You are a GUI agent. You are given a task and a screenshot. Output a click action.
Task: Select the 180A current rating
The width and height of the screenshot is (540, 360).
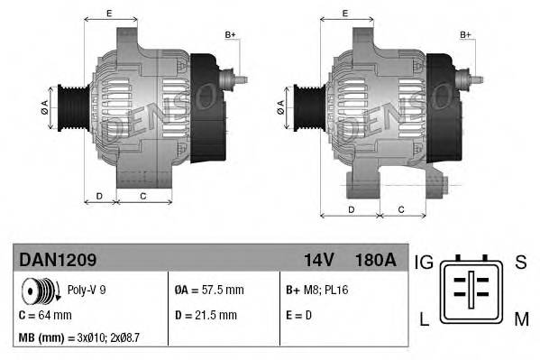(x=375, y=261)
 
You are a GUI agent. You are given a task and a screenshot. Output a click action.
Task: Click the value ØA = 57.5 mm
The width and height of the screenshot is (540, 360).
(x=208, y=291)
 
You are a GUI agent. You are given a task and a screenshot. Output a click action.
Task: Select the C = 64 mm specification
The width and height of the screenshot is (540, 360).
(x=46, y=315)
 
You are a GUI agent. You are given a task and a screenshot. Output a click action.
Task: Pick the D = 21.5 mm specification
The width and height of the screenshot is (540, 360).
(x=206, y=315)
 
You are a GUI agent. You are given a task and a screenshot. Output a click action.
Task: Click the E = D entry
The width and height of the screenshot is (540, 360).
(x=300, y=315)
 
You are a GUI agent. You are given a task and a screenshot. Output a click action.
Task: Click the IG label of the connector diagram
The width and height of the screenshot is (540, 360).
(x=424, y=262)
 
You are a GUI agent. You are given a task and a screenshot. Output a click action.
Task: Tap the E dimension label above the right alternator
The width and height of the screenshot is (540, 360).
(x=346, y=14)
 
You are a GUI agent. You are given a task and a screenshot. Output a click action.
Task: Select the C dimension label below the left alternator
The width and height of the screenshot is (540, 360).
(x=143, y=196)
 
